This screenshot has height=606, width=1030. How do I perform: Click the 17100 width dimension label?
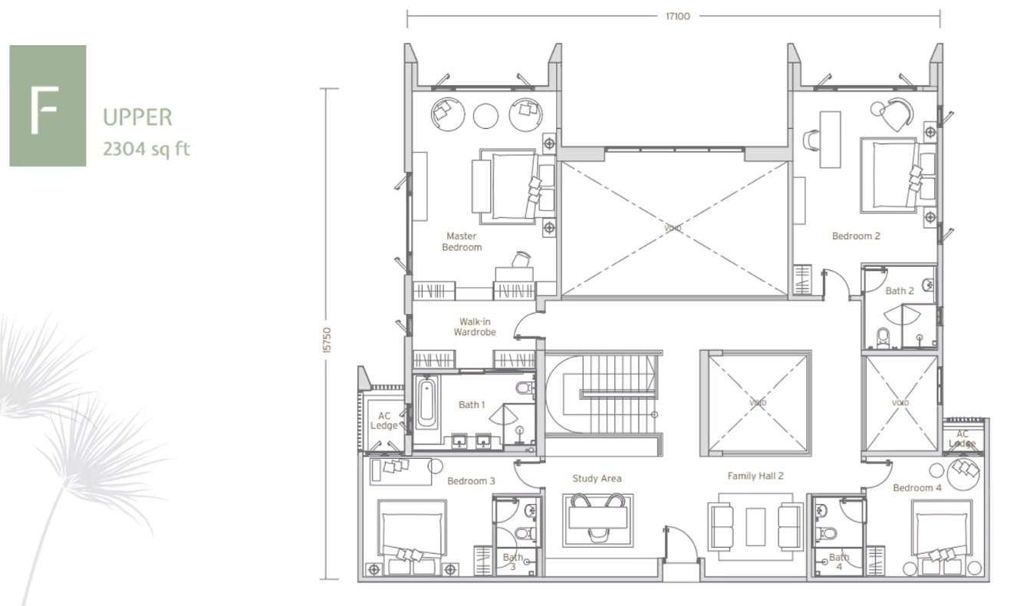click(678, 17)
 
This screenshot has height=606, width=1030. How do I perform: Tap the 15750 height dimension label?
click(327, 341)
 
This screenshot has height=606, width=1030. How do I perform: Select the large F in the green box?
click(44, 110)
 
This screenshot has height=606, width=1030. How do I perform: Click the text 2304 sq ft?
click(146, 149)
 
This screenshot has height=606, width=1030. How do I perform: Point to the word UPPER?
click(137, 117)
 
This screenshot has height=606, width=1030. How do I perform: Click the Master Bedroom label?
click(462, 242)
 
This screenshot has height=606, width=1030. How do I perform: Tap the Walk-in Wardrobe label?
click(475, 327)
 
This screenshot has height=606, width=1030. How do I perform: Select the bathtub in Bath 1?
click(426, 402)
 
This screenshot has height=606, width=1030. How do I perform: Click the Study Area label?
click(597, 479)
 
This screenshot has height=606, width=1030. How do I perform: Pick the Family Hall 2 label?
click(755, 476)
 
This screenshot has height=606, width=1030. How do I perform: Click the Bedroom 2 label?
click(856, 235)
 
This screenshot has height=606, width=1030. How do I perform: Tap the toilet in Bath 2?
click(883, 338)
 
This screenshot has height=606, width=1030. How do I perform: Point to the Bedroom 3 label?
click(471, 481)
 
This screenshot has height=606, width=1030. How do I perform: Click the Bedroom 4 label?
click(917, 488)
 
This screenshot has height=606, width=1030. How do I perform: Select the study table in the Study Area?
click(597, 519)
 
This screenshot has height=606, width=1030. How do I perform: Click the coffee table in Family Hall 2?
click(755, 526)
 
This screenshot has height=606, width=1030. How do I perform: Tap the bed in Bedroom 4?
click(942, 537)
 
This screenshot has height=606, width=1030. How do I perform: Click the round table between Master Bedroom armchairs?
click(485, 115)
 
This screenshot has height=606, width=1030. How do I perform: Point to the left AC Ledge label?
click(384, 420)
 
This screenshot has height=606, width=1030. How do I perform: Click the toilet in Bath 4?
click(825, 534)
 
